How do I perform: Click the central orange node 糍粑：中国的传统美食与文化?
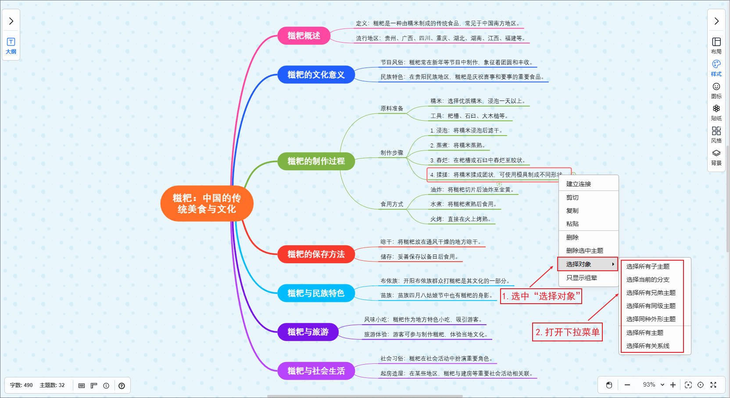pyautogui.click(x=207, y=204)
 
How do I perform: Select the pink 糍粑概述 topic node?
pyautogui.click(x=304, y=36)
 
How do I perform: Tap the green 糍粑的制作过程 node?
pyautogui.click(x=316, y=161)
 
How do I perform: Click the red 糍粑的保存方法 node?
pyautogui.click(x=316, y=254)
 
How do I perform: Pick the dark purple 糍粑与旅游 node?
pyautogui.click(x=308, y=332)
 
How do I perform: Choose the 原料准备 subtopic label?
pyautogui.click(x=392, y=108)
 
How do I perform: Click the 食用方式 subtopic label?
pyautogui.click(x=392, y=204)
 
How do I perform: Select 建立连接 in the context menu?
pyautogui.click(x=579, y=184)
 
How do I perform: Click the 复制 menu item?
pyautogui.click(x=573, y=211)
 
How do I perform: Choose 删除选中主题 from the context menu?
pyautogui.click(x=585, y=251)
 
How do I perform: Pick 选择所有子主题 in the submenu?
pyautogui.click(x=648, y=266)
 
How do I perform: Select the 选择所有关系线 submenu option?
pyautogui.click(x=648, y=346)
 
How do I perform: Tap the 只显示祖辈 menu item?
pyautogui.click(x=581, y=278)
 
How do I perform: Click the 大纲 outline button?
pyautogui.click(x=11, y=46)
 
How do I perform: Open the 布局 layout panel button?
pyautogui.click(x=716, y=45)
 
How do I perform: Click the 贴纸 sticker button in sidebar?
pyautogui.click(x=716, y=112)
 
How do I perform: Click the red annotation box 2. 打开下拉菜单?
pyautogui.click(x=567, y=332)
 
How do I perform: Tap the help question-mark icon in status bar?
pyautogui.click(x=122, y=386)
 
